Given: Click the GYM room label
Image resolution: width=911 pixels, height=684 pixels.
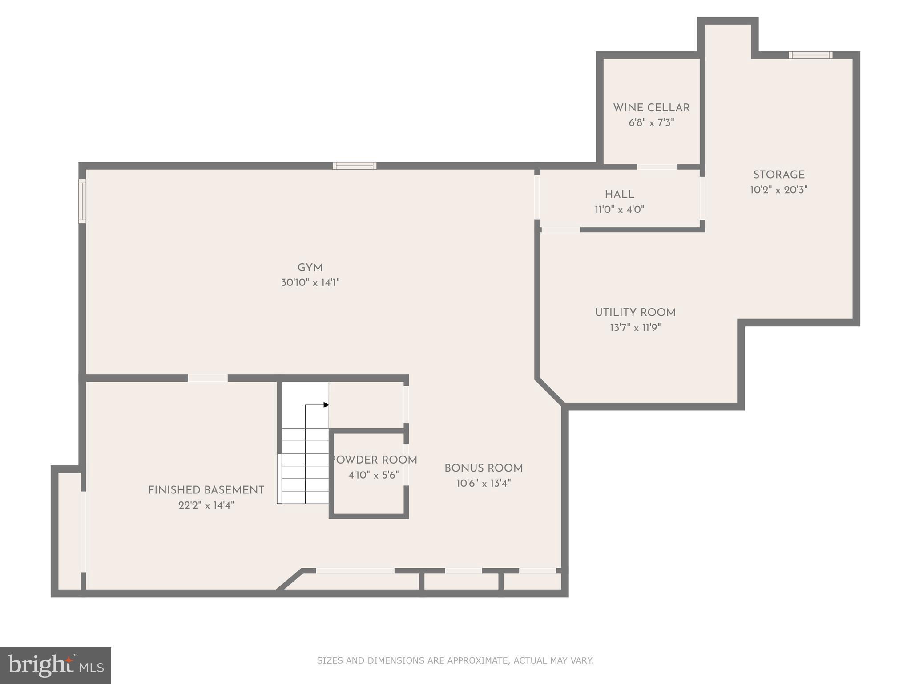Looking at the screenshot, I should (x=310, y=268).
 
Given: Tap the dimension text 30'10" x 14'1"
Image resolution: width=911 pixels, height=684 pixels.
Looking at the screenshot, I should (x=310, y=283).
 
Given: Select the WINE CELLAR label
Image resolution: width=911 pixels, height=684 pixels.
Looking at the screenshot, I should (x=651, y=108).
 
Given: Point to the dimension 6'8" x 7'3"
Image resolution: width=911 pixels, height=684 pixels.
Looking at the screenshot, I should (x=651, y=123).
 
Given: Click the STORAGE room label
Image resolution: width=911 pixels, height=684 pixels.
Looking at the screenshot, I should (x=778, y=175).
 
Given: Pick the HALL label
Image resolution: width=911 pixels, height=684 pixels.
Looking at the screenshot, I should (x=619, y=195).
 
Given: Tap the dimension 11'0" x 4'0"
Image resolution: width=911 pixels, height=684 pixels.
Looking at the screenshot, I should (x=619, y=209).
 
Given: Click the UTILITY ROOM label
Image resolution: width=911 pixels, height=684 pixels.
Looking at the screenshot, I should (x=635, y=313).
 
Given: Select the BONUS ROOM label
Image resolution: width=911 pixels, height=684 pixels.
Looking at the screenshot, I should (x=484, y=468).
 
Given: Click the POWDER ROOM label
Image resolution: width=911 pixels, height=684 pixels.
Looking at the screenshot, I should (x=374, y=460).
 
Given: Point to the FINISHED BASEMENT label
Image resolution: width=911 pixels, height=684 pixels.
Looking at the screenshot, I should (x=206, y=490).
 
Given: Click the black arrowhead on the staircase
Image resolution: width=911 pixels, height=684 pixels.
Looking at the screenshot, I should (x=326, y=405).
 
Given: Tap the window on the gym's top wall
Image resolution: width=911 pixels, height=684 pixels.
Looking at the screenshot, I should (x=355, y=166).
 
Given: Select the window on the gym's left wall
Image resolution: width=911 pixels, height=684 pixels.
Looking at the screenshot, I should (x=82, y=201).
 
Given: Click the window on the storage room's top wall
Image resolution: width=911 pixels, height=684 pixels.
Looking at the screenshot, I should (x=810, y=55).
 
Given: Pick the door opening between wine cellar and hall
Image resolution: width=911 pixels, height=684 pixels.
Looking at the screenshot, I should (x=657, y=167).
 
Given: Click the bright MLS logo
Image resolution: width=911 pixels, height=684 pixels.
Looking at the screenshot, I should (x=56, y=665).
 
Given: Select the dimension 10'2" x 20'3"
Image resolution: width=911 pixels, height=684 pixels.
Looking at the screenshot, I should (x=778, y=190).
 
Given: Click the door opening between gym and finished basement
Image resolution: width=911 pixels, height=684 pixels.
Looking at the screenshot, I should (x=207, y=378).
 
